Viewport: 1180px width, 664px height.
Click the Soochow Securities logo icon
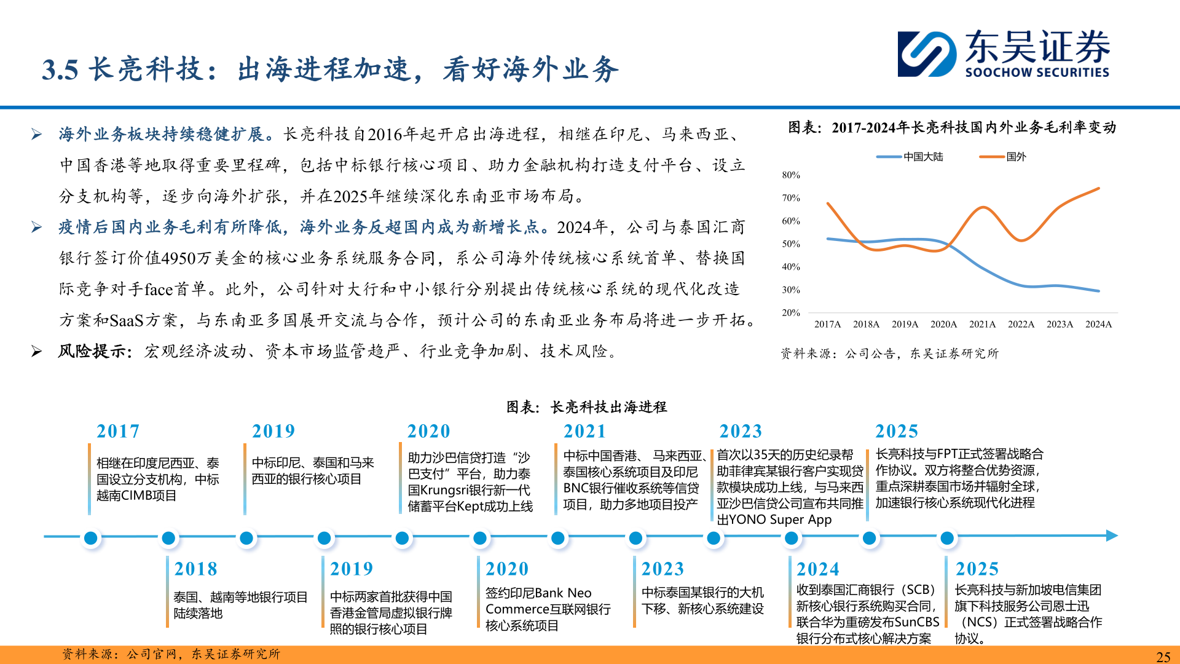(x=927, y=53)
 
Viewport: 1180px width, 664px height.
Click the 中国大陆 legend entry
(x=910, y=157)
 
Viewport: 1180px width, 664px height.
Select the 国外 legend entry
(x=1003, y=157)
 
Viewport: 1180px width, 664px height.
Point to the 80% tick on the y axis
(x=791, y=175)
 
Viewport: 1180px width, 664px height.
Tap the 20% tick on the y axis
(x=791, y=313)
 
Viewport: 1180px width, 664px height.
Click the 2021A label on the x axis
(x=982, y=324)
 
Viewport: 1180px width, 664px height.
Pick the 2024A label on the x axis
(x=1098, y=324)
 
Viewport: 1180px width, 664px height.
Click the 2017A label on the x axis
(x=827, y=324)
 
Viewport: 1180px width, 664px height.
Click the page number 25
(x=1163, y=657)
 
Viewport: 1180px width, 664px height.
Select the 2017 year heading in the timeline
(x=118, y=431)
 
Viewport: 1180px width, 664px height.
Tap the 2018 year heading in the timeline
(x=195, y=569)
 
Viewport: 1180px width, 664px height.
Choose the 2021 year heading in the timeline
(x=584, y=431)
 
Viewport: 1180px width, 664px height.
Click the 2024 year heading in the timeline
(x=817, y=569)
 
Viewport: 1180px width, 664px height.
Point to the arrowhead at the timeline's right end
(x=1112, y=536)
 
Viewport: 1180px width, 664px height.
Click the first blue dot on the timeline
(x=90, y=538)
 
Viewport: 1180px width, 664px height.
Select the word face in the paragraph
(x=159, y=289)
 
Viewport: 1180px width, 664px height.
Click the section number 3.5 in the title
(x=60, y=69)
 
